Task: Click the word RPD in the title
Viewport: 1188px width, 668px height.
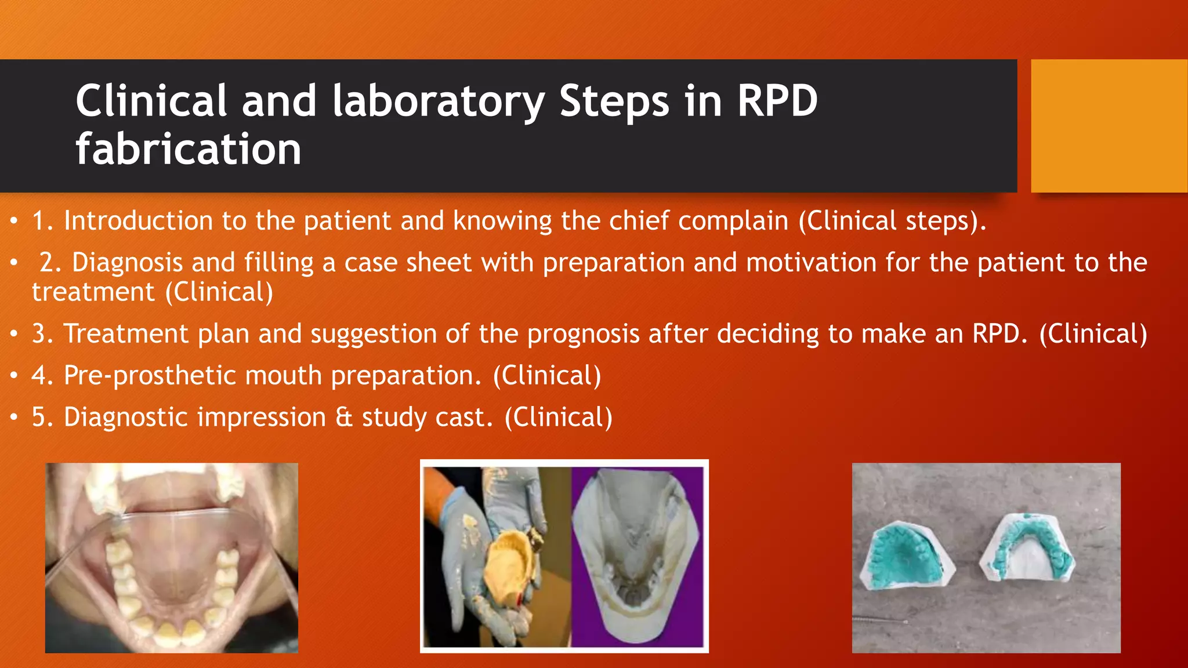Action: [x=777, y=101]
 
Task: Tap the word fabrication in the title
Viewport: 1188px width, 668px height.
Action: [x=189, y=150]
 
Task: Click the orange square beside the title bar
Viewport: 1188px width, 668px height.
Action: [x=1109, y=125]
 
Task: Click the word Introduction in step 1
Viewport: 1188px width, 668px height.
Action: [x=138, y=221]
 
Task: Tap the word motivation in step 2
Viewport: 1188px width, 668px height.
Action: [x=811, y=263]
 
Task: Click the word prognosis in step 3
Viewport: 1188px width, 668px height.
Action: [x=583, y=334]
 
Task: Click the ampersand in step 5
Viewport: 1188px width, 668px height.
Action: [x=344, y=418]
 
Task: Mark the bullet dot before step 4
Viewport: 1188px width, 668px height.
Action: [x=15, y=376]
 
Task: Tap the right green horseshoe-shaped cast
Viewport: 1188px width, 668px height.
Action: [x=1027, y=549]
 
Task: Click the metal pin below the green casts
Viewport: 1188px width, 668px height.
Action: [x=882, y=621]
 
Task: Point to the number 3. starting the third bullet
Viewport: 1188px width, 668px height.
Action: [x=43, y=334]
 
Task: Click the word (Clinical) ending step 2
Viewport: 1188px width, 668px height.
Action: [x=219, y=292]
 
